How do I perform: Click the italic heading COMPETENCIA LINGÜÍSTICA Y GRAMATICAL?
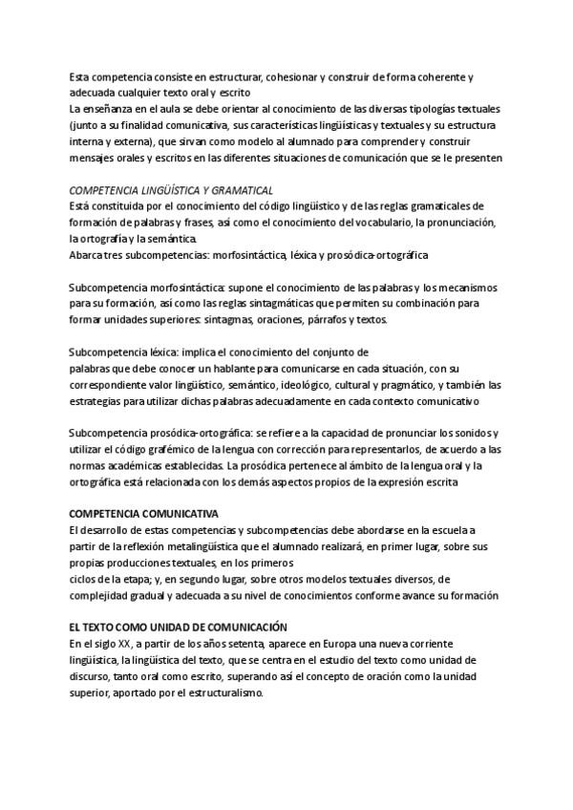[x=159, y=190]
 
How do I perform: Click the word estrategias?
[x=99, y=401]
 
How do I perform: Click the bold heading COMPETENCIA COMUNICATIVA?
[x=144, y=514]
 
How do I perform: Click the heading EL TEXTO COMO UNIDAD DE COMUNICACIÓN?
[x=179, y=628]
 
